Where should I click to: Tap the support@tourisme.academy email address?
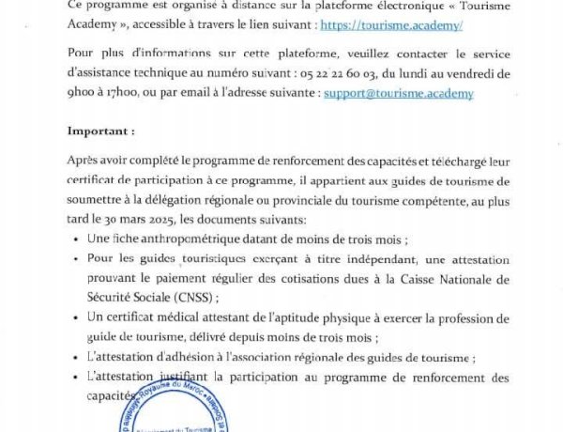coord(398,94)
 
